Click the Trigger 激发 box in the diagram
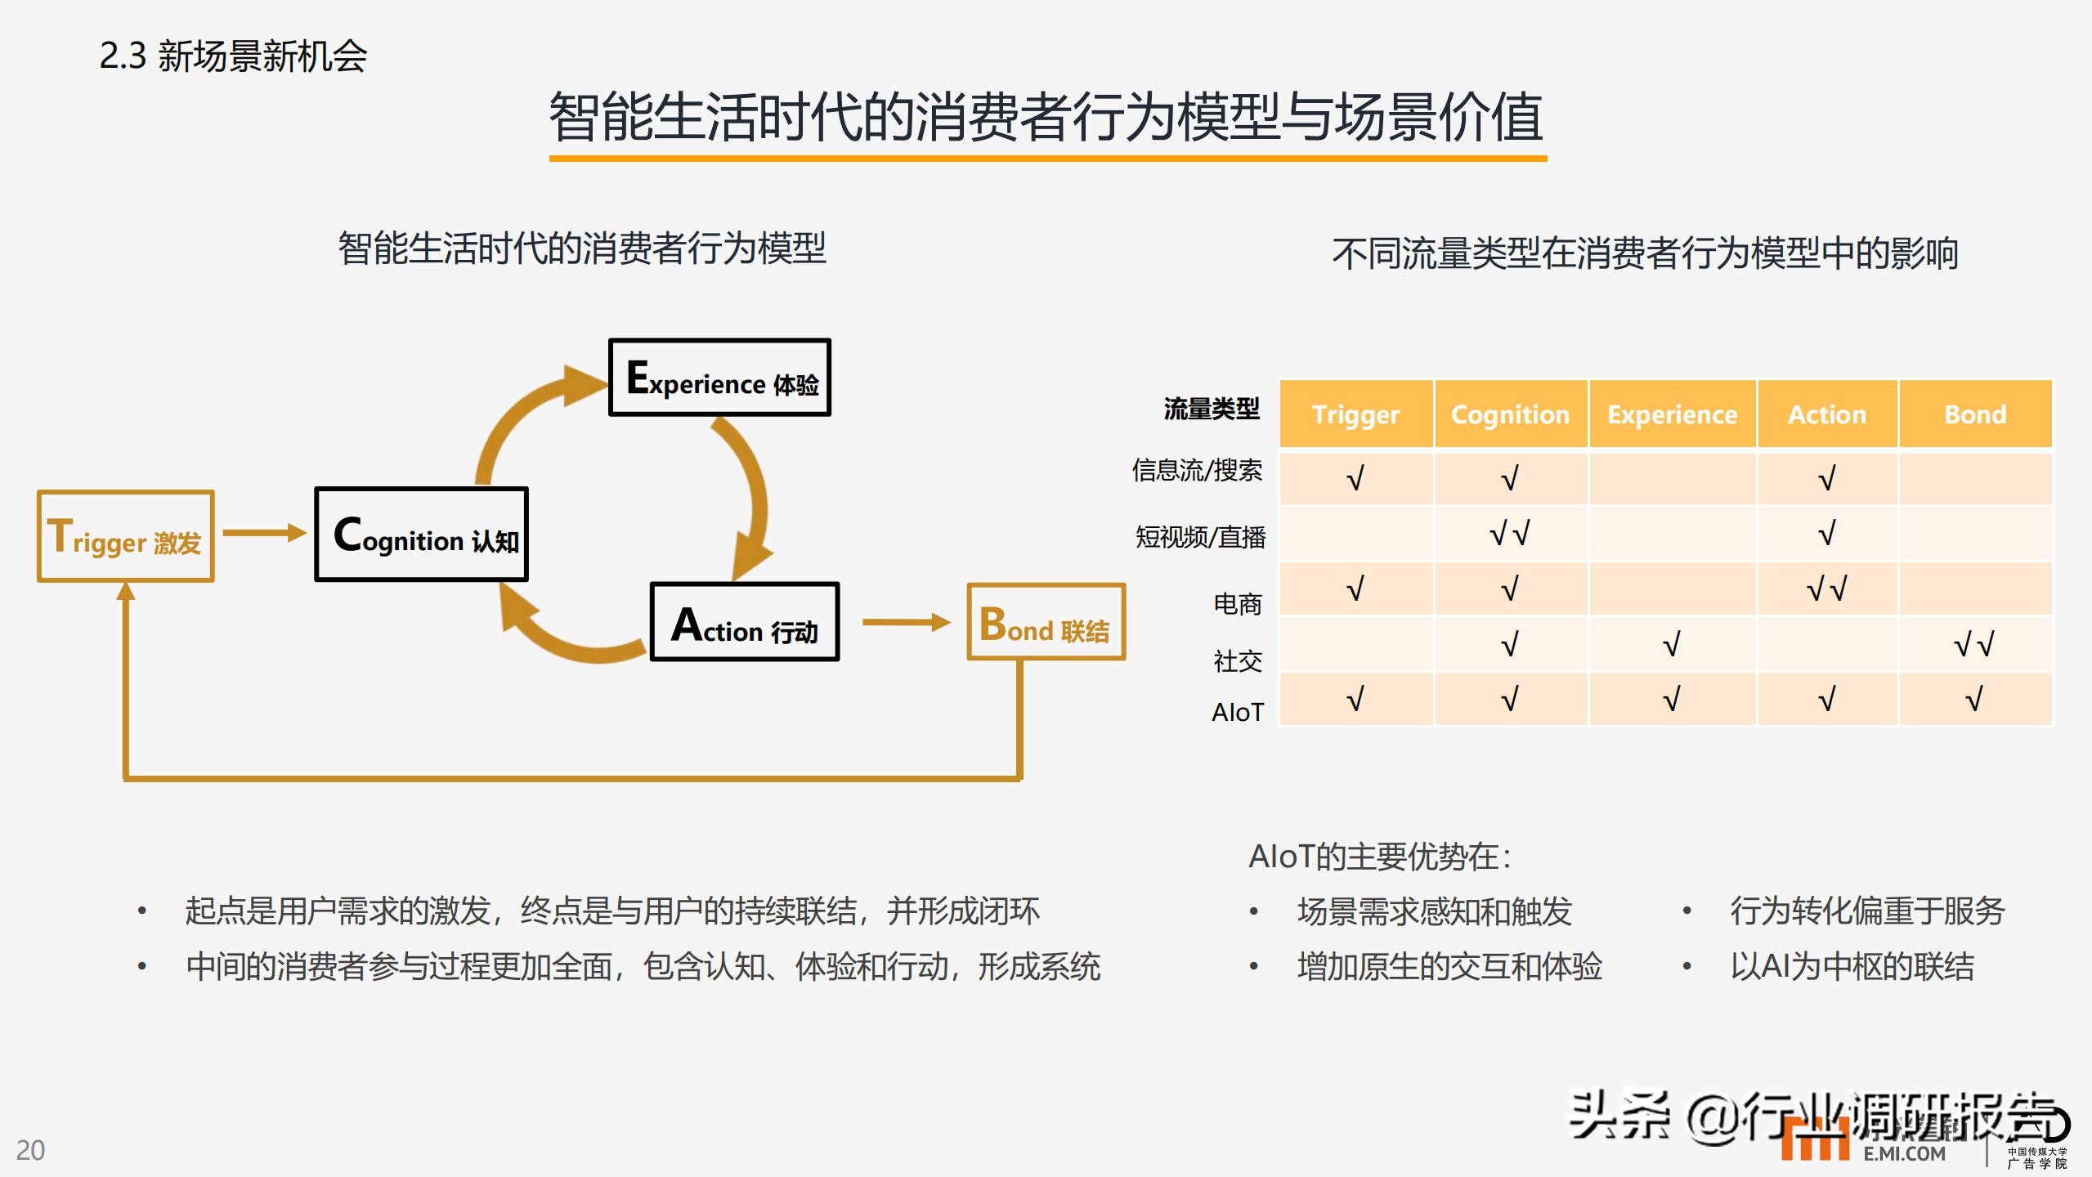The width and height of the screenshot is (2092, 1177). [125, 536]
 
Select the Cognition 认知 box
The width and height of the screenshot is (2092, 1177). [421, 535]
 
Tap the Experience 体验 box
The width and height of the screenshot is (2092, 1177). [719, 378]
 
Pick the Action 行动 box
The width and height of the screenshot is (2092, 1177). [744, 622]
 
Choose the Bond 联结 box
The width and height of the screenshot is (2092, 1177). [1046, 622]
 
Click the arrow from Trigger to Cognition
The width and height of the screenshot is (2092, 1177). [264, 533]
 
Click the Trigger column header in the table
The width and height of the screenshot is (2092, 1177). [1355, 414]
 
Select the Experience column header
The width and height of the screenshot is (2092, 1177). [1672, 414]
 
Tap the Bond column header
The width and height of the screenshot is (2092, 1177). [1974, 414]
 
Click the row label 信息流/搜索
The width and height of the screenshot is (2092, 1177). [1197, 471]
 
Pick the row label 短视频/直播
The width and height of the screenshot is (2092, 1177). [1200, 537]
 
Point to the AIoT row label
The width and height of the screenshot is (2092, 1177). [1237, 712]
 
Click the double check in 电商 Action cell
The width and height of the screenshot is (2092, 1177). [1826, 588]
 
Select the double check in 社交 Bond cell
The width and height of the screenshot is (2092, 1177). [1973, 645]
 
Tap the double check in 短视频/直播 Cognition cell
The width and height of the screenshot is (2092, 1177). [1509, 534]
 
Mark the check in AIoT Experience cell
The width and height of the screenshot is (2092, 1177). [1672, 700]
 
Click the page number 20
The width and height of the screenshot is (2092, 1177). [31, 1150]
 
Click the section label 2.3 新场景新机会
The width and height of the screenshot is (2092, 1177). [233, 56]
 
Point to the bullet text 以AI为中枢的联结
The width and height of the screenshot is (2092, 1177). [1852, 966]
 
